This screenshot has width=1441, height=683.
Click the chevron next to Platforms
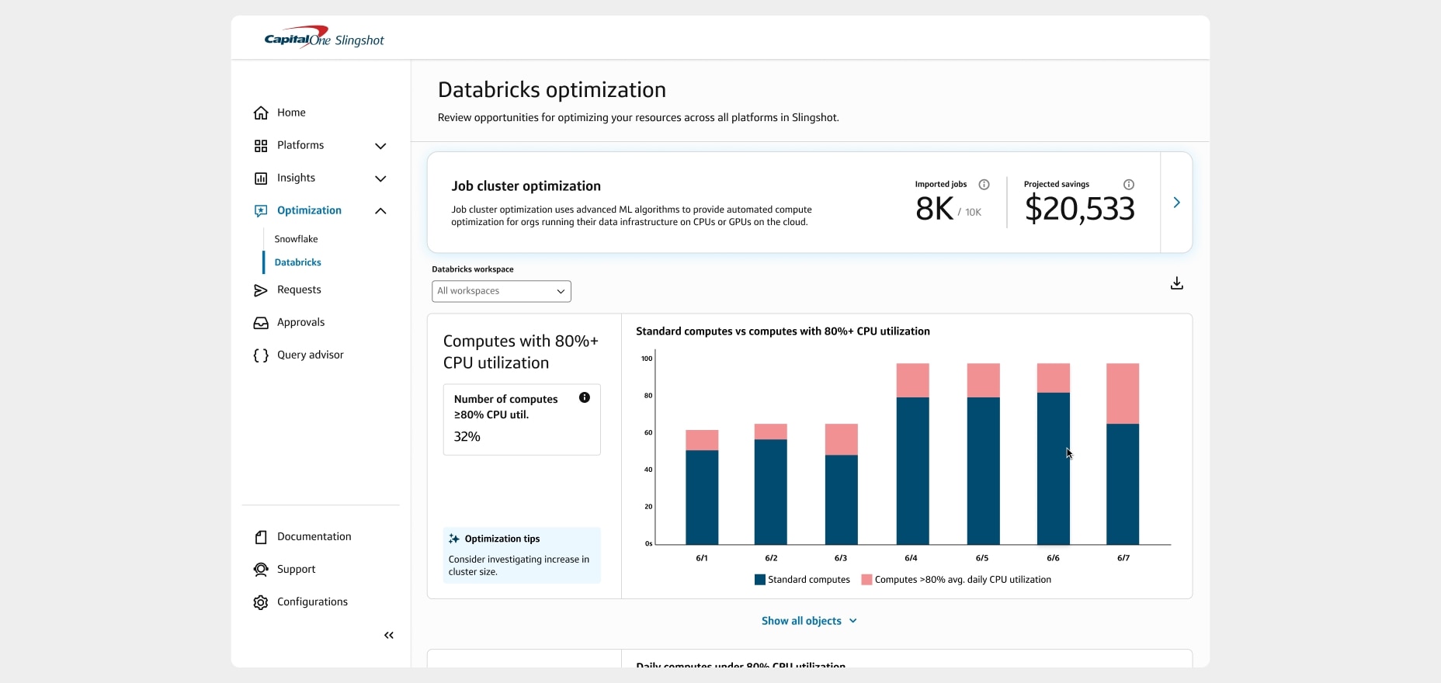[x=380, y=146]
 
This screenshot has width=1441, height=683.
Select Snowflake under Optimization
[x=296, y=239]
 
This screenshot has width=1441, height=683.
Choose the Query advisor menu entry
[x=309, y=355]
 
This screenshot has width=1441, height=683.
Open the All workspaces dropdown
[x=502, y=291]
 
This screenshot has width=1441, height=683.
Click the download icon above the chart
[x=1176, y=283]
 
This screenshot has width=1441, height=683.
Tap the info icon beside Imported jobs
[x=984, y=185]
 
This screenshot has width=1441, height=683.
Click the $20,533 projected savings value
[x=1079, y=209]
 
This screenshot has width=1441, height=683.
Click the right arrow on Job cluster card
[x=1176, y=203]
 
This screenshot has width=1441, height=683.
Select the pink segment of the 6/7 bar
[x=1123, y=394]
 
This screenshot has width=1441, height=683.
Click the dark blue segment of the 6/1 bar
[x=702, y=497]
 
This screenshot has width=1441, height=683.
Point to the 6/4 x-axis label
[x=911, y=558]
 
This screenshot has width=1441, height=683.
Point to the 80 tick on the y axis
[x=648, y=396]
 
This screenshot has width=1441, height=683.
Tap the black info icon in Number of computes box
[x=585, y=397]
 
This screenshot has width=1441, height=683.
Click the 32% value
[x=467, y=437]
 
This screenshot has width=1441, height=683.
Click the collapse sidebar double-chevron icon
[x=389, y=636]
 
